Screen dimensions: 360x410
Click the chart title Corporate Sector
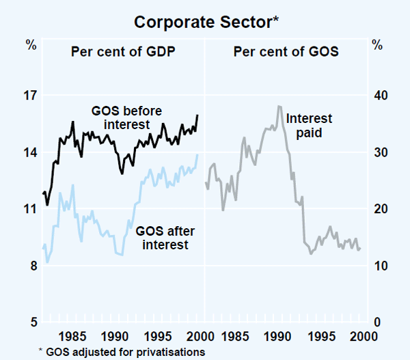[204, 22]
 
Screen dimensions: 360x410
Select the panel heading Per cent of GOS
[286, 51]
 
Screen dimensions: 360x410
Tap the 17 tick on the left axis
[31, 96]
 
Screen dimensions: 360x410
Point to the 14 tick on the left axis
[31, 152]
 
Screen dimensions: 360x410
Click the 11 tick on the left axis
[31, 209]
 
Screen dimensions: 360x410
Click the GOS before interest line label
[126, 117]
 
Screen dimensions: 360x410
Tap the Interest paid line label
[309, 126]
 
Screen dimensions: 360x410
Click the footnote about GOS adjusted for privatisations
[122, 351]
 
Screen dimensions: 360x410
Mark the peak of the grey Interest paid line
[279, 106]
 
